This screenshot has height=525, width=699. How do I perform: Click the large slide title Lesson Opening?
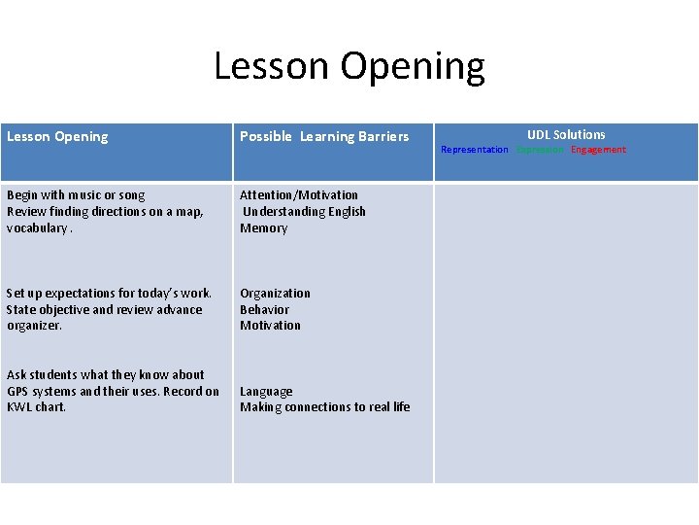point(349,66)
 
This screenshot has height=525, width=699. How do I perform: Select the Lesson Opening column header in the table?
point(57,137)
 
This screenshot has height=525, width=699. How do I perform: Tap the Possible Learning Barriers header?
point(324,137)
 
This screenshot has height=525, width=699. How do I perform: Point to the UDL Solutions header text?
point(566,134)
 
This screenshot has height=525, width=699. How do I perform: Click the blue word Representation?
point(474,150)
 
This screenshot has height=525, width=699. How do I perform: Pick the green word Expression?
point(539,150)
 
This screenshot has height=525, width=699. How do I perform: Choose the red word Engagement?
point(598,150)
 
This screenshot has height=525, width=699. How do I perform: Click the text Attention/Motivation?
point(299,195)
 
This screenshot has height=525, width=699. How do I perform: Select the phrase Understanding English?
point(304,212)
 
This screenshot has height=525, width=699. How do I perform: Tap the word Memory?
point(264,228)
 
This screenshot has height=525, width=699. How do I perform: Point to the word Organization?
point(276,294)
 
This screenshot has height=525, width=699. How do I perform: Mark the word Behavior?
point(265,310)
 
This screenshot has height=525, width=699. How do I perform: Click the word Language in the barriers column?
point(266,392)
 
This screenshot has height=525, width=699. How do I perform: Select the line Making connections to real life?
point(325,407)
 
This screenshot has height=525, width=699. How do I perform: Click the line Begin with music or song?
point(76,195)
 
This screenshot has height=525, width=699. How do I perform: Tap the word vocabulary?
point(38,228)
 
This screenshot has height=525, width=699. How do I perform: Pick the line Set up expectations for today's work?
point(109,294)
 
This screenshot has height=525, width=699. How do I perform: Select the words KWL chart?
point(37,407)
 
